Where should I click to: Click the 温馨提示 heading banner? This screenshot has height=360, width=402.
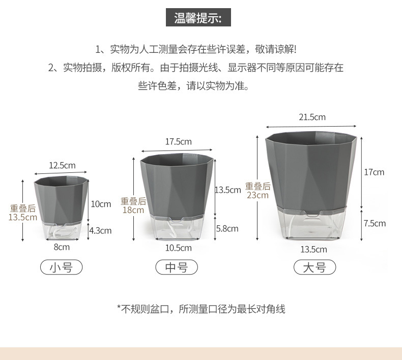198,18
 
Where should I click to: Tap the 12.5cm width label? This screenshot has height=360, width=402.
62,165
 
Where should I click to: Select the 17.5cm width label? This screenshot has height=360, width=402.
178,141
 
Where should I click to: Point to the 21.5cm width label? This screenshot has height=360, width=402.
312,117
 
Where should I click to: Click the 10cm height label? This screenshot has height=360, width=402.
101,204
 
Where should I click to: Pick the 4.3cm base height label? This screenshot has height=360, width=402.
100,230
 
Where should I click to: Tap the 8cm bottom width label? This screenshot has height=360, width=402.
62,247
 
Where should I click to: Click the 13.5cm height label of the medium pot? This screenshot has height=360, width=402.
227,190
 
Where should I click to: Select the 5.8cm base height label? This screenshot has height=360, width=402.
227,228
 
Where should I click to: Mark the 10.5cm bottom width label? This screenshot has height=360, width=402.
179,248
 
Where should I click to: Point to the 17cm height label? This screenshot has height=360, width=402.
374,172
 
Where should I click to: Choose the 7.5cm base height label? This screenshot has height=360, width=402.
375,223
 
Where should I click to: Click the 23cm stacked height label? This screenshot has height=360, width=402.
257,195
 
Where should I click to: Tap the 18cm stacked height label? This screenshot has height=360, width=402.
133,210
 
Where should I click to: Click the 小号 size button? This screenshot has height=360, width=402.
61,267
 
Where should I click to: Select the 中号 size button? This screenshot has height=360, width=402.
177,267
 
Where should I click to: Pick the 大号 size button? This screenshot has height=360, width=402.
314,267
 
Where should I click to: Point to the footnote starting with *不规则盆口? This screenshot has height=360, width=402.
201,309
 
